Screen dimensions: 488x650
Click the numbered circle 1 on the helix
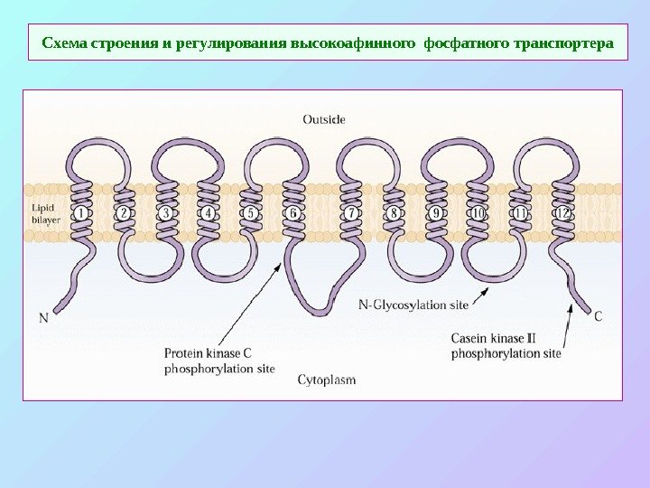(x=80, y=213)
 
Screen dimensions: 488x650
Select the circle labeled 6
(x=292, y=213)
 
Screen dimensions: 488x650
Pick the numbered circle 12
(x=562, y=213)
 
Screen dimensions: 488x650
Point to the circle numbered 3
(x=165, y=213)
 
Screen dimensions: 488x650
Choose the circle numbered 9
(x=436, y=213)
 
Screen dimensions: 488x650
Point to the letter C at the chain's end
(x=599, y=315)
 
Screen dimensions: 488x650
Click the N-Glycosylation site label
(x=413, y=305)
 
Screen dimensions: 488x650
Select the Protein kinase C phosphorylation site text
(x=219, y=361)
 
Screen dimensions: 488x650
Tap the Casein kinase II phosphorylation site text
(x=506, y=346)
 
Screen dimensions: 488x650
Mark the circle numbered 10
(x=478, y=213)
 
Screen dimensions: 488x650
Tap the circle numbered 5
(x=251, y=213)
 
